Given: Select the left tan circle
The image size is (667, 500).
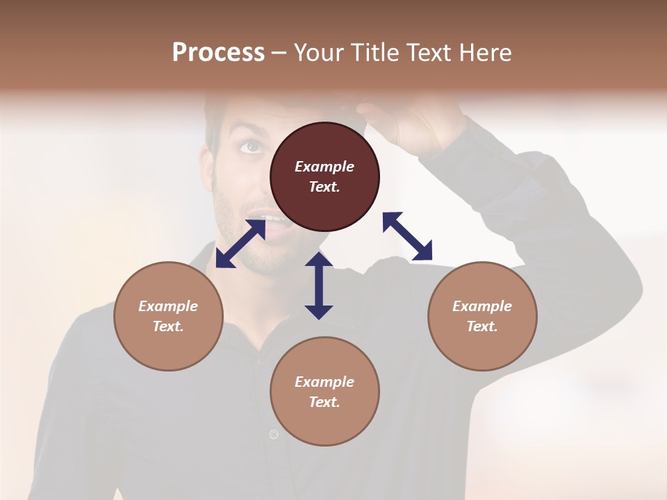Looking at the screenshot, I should [x=168, y=316].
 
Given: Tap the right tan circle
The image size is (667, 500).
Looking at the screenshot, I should [x=482, y=316].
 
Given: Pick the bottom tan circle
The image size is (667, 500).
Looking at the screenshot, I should [x=324, y=391].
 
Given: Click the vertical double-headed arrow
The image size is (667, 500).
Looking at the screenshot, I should [x=319, y=285].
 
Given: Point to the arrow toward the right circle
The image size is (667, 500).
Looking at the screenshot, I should [x=407, y=236].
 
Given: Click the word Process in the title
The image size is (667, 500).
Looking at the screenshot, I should [x=218, y=52].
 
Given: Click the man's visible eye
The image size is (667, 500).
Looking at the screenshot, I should [x=251, y=147].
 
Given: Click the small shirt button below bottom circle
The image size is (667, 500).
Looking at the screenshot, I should [x=274, y=435].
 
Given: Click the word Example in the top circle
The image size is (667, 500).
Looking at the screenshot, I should [x=324, y=167].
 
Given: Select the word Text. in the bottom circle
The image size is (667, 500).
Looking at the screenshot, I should [x=324, y=402].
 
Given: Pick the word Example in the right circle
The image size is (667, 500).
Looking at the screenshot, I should [x=482, y=306].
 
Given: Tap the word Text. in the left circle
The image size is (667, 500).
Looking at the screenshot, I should [x=168, y=326].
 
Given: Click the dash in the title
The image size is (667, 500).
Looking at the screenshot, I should [x=279, y=53].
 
